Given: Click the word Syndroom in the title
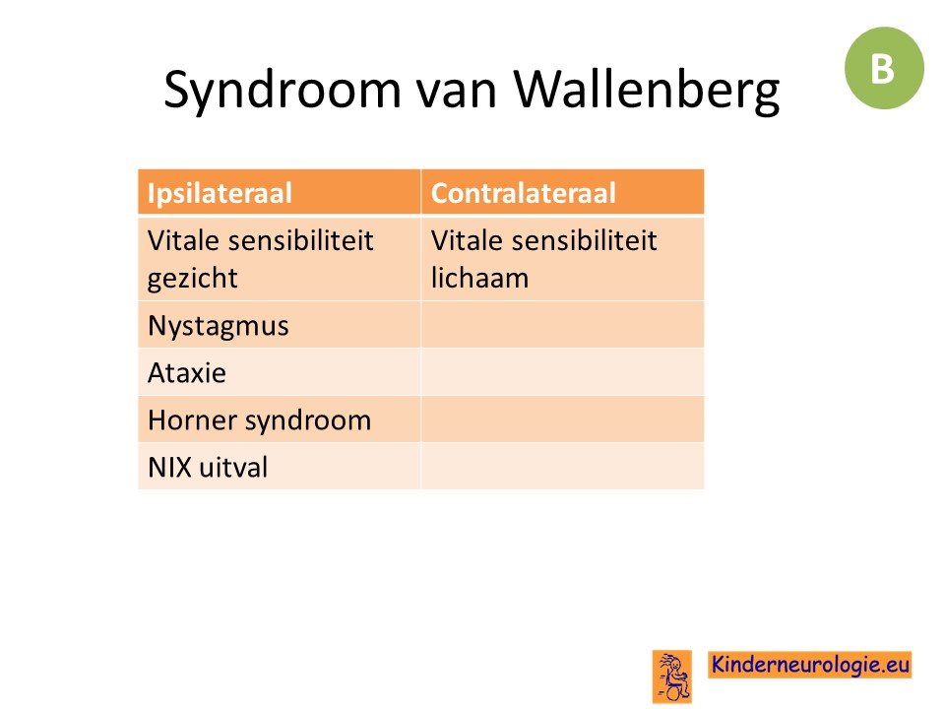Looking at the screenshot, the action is (x=283, y=90).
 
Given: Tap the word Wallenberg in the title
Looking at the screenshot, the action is (x=647, y=90).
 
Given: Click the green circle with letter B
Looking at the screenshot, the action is (x=884, y=68).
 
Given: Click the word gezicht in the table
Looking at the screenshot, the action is (x=193, y=279).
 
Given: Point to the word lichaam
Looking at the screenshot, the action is (x=479, y=278).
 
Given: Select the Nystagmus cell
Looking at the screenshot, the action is (x=279, y=326).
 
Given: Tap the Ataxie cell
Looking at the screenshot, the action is (x=279, y=372).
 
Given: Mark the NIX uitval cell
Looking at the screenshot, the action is (x=279, y=467).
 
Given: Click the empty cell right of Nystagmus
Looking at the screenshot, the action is (x=562, y=326).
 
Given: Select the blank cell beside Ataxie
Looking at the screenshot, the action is (x=562, y=372).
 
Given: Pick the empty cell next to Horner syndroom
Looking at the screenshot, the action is (x=562, y=419).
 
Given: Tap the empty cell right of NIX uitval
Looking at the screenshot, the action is (x=562, y=467).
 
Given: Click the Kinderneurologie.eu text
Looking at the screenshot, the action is (x=810, y=665).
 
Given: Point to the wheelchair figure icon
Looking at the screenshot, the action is (x=672, y=677).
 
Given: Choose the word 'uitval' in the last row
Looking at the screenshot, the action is (x=233, y=467).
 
